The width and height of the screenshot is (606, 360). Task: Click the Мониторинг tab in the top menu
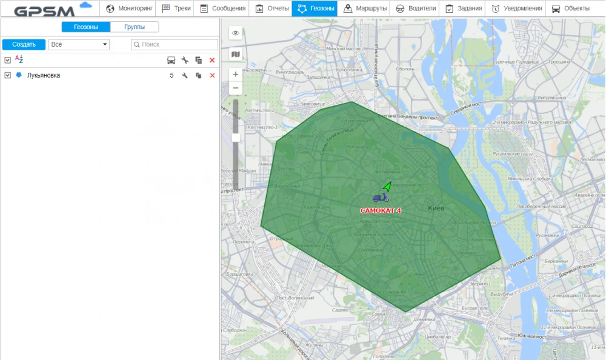coord(128,8)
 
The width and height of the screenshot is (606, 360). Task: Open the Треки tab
coord(176,8)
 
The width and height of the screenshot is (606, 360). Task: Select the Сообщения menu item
coord(222,8)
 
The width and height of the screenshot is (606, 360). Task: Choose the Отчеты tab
coord(271,8)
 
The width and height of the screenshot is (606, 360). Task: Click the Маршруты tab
coord(365,8)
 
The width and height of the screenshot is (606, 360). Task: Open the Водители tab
coord(416,8)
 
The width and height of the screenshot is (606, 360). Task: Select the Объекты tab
coord(570,8)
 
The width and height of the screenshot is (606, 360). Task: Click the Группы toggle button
coord(135,27)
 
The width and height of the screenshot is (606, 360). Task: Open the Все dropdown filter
coord(79,44)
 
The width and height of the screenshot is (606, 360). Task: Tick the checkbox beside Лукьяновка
coord(7,75)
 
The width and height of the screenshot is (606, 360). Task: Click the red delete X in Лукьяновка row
coord(212,75)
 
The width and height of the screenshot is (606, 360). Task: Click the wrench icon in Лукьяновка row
coord(185,75)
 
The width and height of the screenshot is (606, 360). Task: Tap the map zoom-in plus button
coord(236,75)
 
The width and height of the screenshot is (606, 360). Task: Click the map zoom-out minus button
coord(236,88)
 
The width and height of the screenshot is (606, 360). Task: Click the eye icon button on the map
coord(236,33)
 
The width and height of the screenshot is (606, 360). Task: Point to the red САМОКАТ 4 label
coord(381,210)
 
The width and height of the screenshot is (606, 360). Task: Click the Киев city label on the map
coord(436,208)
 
